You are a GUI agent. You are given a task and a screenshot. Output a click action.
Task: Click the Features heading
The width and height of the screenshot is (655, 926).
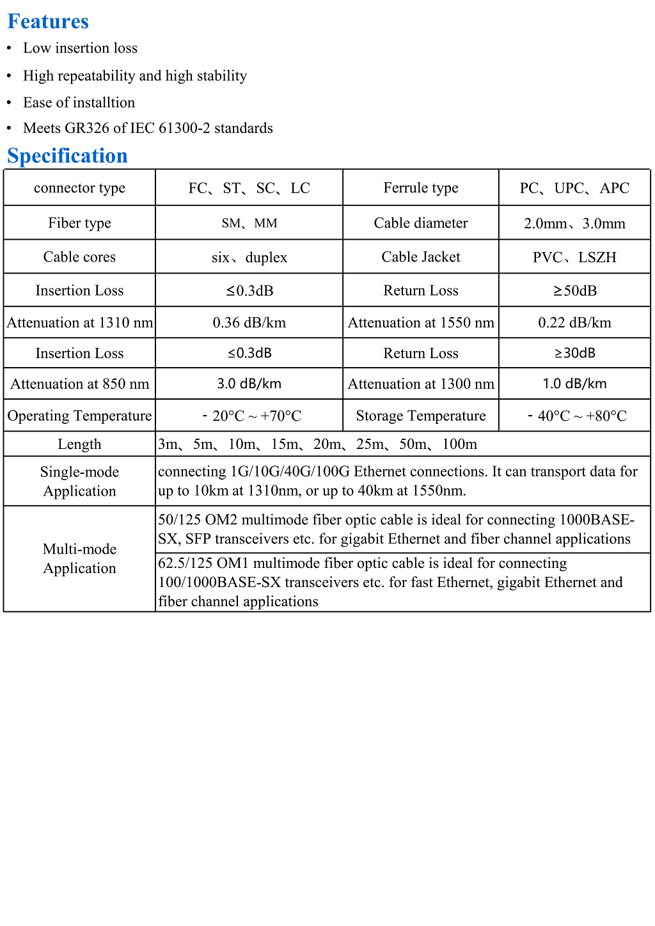coord(48,21)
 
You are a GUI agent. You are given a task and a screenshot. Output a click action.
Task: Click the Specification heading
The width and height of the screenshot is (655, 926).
coord(67,156)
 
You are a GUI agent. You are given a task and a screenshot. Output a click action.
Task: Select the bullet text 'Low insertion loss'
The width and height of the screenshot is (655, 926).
coord(80,49)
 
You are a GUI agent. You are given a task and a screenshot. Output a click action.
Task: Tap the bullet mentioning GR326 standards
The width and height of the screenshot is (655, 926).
coord(148,129)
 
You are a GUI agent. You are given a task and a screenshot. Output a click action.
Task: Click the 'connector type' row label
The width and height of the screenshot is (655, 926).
coord(79,188)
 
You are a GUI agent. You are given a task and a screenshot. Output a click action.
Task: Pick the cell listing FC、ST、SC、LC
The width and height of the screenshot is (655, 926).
coord(249,188)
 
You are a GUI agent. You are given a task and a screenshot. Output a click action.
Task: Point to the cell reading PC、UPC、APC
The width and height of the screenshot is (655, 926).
coord(574,188)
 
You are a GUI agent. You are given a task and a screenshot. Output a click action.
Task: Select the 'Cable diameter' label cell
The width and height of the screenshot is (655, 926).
coord(420,223)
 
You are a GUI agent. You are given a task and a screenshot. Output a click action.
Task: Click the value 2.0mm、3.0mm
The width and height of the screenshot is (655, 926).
coord(574,224)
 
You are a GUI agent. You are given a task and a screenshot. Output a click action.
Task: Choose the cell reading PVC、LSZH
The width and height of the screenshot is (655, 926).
coord(574,257)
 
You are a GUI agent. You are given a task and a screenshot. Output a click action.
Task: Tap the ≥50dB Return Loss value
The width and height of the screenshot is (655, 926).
coord(574,291)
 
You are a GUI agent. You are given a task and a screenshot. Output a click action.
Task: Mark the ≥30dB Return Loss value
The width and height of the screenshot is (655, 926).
coord(574,353)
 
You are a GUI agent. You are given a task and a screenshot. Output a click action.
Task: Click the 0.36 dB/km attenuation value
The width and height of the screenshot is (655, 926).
coord(249,323)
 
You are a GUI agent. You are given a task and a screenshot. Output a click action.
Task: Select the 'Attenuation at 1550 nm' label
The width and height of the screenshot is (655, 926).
coord(420,323)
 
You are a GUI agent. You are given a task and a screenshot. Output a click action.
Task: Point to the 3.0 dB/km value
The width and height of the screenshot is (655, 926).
coord(249,384)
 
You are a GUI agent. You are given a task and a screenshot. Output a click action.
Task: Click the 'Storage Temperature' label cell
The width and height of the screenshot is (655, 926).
coord(420,416)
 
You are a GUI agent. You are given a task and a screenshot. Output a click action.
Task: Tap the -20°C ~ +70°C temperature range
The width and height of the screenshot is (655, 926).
coord(251,416)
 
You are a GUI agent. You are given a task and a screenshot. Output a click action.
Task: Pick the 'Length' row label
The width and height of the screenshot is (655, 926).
coord(79,444)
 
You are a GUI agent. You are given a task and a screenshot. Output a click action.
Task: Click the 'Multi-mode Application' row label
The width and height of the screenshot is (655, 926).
coord(79,559)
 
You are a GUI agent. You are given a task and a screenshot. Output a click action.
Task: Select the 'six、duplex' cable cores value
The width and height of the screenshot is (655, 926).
coord(249,257)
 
